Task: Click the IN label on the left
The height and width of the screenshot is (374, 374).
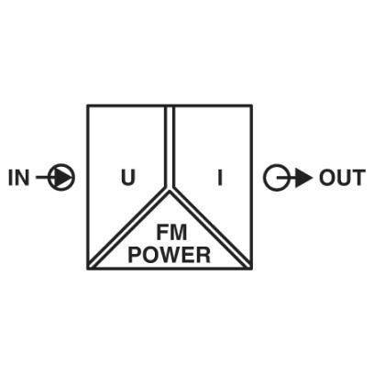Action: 19,178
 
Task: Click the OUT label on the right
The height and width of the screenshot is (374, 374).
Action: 342,178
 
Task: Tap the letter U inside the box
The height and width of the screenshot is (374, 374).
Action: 128,178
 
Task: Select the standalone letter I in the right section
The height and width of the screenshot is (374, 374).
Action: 220,178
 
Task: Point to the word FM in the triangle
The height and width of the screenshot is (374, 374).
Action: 171,233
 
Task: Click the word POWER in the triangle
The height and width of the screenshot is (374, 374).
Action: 170,255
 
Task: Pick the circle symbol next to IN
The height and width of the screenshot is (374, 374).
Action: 61,178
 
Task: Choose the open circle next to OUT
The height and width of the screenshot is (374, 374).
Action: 277,178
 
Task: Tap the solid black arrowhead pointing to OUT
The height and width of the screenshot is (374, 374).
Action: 303,178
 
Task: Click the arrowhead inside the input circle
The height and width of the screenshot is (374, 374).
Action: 62,178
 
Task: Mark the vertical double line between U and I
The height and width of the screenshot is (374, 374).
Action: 170,146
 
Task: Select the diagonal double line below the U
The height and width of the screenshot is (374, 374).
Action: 128,228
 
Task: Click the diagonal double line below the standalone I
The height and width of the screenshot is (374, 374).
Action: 211,228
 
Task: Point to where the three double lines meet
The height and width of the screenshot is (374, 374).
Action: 170,189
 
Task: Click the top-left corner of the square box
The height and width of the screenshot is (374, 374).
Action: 88,105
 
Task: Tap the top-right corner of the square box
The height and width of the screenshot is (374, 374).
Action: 252,105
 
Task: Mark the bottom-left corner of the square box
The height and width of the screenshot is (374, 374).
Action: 88,269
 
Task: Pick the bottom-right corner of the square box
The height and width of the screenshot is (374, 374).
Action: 252,269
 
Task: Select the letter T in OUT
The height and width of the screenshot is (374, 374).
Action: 358,178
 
